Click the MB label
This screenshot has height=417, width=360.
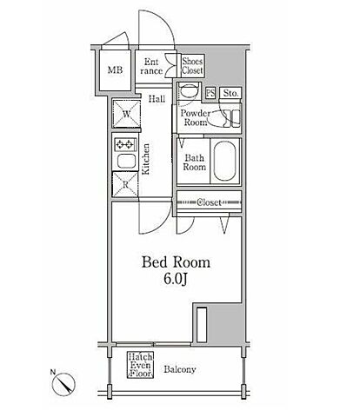tap(115, 69)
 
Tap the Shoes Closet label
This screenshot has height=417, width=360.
tap(192, 65)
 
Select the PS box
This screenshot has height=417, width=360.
tap(210, 93)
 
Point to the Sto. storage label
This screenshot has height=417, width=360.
tap(230, 93)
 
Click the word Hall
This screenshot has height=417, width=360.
tap(157, 99)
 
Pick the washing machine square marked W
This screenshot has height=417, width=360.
tap(126, 114)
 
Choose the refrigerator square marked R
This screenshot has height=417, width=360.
tap(125, 185)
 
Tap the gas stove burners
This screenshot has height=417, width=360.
tap(126, 144)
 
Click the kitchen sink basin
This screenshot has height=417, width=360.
tap(126, 161)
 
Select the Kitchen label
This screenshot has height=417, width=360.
tap(145, 159)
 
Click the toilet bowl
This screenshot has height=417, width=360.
tap(188, 91)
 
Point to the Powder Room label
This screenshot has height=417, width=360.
tap(196, 117)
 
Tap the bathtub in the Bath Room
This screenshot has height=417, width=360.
tap(225, 161)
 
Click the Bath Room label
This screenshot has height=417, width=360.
tap(194, 162)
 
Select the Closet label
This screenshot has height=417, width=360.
tap(209, 202)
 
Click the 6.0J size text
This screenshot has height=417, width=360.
tap(176, 279)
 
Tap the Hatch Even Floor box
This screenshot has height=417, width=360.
tap(141, 365)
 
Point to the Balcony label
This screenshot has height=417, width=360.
tap(180, 369)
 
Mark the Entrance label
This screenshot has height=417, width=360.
tap(151, 66)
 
